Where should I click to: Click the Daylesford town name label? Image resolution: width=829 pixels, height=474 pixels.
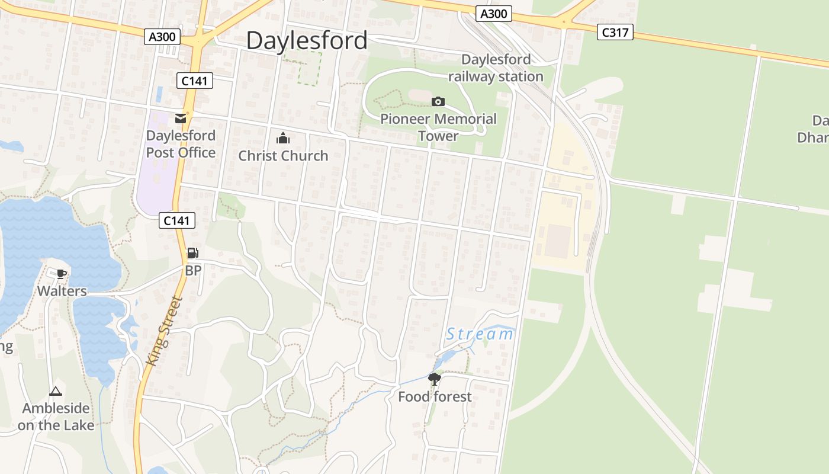tap(307, 41)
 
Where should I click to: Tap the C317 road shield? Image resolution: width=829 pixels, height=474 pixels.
tap(615, 33)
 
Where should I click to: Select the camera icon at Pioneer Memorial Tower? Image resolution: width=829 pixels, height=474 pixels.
tap(438, 102)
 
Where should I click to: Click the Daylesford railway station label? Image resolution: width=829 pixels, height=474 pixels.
tap(496, 68)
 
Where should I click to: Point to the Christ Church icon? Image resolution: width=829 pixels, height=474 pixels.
tap(283, 139)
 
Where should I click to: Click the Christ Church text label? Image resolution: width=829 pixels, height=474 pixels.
tap(283, 156)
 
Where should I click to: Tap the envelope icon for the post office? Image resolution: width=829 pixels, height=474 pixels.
tap(181, 118)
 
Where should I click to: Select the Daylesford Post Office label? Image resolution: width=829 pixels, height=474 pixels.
tap(181, 144)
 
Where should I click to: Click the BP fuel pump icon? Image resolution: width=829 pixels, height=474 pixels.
tap(192, 253)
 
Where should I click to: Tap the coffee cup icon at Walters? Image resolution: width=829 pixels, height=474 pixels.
tap(62, 274)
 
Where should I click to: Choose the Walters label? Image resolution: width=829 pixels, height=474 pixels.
tap(62, 291)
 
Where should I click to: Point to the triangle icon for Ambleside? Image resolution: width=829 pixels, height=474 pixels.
tap(56, 391)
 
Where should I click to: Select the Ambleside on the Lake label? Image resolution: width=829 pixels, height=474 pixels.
tap(56, 417)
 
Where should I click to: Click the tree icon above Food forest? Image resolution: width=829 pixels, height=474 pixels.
tap(435, 379)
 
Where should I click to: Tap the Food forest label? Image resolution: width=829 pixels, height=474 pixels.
tap(435, 397)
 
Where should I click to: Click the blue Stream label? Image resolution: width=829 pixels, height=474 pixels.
tap(480, 334)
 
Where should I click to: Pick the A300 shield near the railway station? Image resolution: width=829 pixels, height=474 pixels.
tap(493, 13)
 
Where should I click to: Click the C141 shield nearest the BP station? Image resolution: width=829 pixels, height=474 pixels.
tap(177, 221)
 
